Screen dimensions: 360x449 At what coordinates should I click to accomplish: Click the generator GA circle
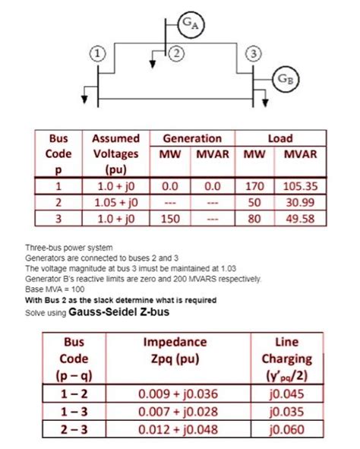pos(188,24)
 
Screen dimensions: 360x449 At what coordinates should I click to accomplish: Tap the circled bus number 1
pos(96,54)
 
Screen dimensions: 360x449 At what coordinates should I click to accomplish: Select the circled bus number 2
pos(176,53)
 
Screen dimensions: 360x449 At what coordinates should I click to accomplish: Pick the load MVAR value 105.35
pos(299,185)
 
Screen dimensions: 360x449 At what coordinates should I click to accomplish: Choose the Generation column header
pos(192,138)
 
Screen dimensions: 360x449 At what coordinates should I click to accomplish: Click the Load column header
pos(279,138)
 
